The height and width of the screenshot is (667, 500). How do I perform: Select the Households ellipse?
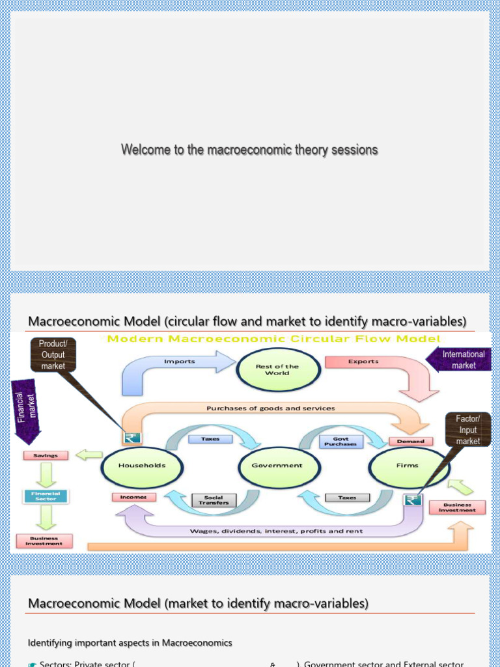click(141, 465)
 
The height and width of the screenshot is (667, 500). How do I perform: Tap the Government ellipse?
click(277, 465)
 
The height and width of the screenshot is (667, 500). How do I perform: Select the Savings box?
click(46, 455)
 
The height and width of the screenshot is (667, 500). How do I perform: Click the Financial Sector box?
click(46, 496)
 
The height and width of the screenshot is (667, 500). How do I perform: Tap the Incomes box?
click(134, 497)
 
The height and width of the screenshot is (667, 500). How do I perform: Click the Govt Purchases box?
click(340, 442)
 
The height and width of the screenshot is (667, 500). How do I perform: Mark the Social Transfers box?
click(214, 500)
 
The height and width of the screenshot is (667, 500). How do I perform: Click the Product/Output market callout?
click(53, 355)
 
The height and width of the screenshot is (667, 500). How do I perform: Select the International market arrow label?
click(460, 360)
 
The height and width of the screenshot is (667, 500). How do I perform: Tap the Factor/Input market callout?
click(467, 430)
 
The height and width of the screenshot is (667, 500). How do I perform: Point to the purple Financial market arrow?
click(27, 407)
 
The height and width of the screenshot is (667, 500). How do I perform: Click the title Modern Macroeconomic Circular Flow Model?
click(273, 339)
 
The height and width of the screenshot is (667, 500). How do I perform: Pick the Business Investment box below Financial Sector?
click(44, 541)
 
